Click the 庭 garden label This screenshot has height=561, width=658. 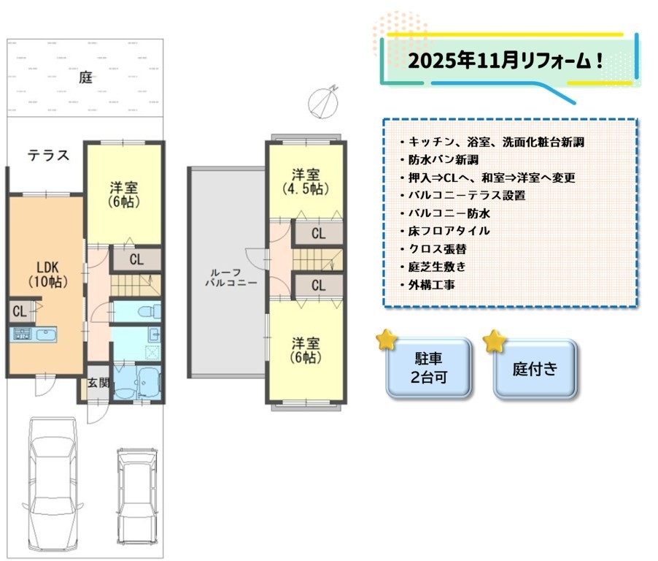pos(85,77)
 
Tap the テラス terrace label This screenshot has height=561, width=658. pos(48,156)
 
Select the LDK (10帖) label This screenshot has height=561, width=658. pos(48,275)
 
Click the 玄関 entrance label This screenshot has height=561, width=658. pos(98,383)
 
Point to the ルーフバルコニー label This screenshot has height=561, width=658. pos(231,278)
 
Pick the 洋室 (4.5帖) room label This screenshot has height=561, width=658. pos(306,182)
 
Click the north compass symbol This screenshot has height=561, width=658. pos(324,102)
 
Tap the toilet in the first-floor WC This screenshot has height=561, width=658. pos(149,312)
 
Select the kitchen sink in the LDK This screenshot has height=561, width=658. pos(45,335)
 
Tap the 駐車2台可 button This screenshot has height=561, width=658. pos(429,368)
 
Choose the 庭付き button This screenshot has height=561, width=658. pos(535,369)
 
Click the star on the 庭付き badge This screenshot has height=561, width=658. pos(495,341)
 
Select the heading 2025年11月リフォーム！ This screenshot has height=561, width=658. pos(506,61)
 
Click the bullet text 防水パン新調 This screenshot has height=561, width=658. pos(444,160)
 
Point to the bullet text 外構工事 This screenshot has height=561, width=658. pos(432,286)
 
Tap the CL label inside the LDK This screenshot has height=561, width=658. pos(19,311)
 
